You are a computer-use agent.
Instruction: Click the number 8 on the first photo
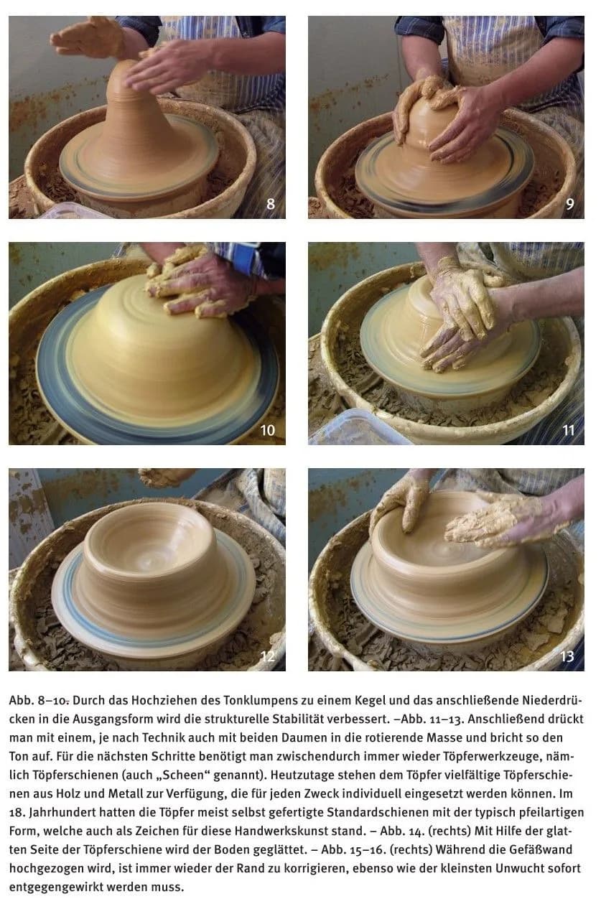pyautogui.click(x=271, y=204)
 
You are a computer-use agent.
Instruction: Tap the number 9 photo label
pyautogui.click(x=569, y=204)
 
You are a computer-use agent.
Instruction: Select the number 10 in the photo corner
pyautogui.click(x=267, y=430)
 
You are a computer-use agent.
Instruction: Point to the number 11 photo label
pyautogui.click(x=569, y=430)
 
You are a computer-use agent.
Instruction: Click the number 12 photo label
pyautogui.click(x=267, y=656)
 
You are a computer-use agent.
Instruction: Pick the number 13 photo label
pyautogui.click(x=567, y=656)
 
